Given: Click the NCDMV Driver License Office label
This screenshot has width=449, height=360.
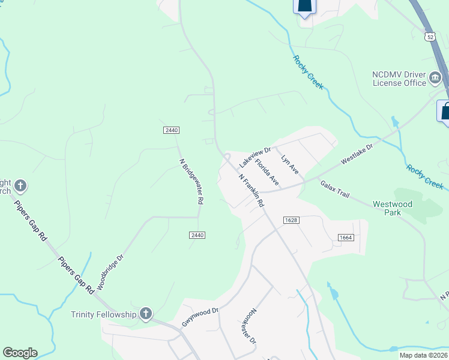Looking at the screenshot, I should tap(399, 79).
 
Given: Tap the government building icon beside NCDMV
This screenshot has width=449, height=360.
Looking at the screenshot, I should tap(435, 77).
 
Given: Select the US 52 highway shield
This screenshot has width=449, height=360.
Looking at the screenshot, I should tap(429, 37).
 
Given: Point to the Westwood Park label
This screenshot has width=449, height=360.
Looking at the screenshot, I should tap(393, 208).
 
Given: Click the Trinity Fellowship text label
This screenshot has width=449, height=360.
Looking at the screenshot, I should tap(104, 314).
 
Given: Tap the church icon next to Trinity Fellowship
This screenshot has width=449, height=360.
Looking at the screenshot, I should tap(145, 313).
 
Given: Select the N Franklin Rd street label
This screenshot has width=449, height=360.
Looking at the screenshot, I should tap(251, 191).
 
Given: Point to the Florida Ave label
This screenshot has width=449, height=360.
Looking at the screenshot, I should tap(267, 172).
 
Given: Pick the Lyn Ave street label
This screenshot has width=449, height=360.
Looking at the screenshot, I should tap(290, 164).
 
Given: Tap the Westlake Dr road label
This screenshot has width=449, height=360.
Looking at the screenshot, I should tap(357, 154).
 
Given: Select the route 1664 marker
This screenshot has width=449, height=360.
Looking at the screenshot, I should tap(345, 238).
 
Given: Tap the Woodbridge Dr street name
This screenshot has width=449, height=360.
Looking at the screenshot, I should tap(110, 272).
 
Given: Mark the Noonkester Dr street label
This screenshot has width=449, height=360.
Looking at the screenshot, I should tap(250, 326).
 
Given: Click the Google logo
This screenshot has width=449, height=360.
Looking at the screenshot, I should tap(20, 353).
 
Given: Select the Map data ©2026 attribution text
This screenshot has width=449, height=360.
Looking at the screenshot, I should tap(423, 355).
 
